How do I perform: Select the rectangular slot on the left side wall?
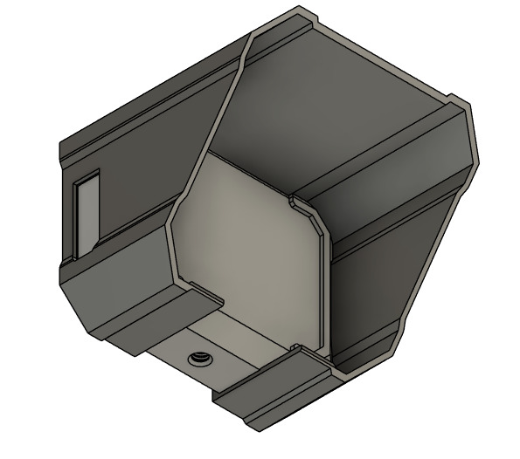tap(87, 215)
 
